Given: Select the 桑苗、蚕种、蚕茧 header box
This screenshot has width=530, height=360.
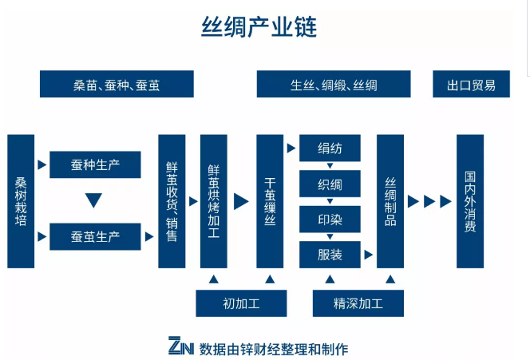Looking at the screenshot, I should (x=117, y=84).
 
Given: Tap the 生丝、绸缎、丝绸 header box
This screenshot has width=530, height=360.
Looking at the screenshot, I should (x=334, y=84).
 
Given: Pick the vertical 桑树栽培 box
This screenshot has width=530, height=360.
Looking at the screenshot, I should (x=22, y=201).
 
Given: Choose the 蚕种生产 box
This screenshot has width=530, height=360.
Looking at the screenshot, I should (x=95, y=164).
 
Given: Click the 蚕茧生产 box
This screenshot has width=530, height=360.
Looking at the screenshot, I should (x=95, y=237).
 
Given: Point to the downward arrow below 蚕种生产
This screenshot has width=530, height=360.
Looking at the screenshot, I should (x=94, y=200).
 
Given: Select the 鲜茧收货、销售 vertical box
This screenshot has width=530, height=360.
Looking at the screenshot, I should (x=172, y=201).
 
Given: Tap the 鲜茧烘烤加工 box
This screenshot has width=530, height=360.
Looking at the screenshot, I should (x=214, y=201).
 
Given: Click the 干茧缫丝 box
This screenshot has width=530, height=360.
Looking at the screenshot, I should (x=270, y=201).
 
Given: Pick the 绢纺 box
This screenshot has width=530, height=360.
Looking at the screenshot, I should (x=330, y=148).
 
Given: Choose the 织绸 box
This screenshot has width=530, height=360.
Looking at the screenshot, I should (x=330, y=184).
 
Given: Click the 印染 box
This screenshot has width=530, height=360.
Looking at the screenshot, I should (x=330, y=219).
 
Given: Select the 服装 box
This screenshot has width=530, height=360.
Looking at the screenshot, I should (x=330, y=255).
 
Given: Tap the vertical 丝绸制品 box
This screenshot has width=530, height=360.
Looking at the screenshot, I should (x=390, y=201).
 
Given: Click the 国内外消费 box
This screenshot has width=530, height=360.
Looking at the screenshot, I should (x=470, y=201).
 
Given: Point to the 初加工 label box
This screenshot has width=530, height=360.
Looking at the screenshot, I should (x=242, y=303).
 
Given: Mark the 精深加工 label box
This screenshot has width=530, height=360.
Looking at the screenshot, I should (x=358, y=303).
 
